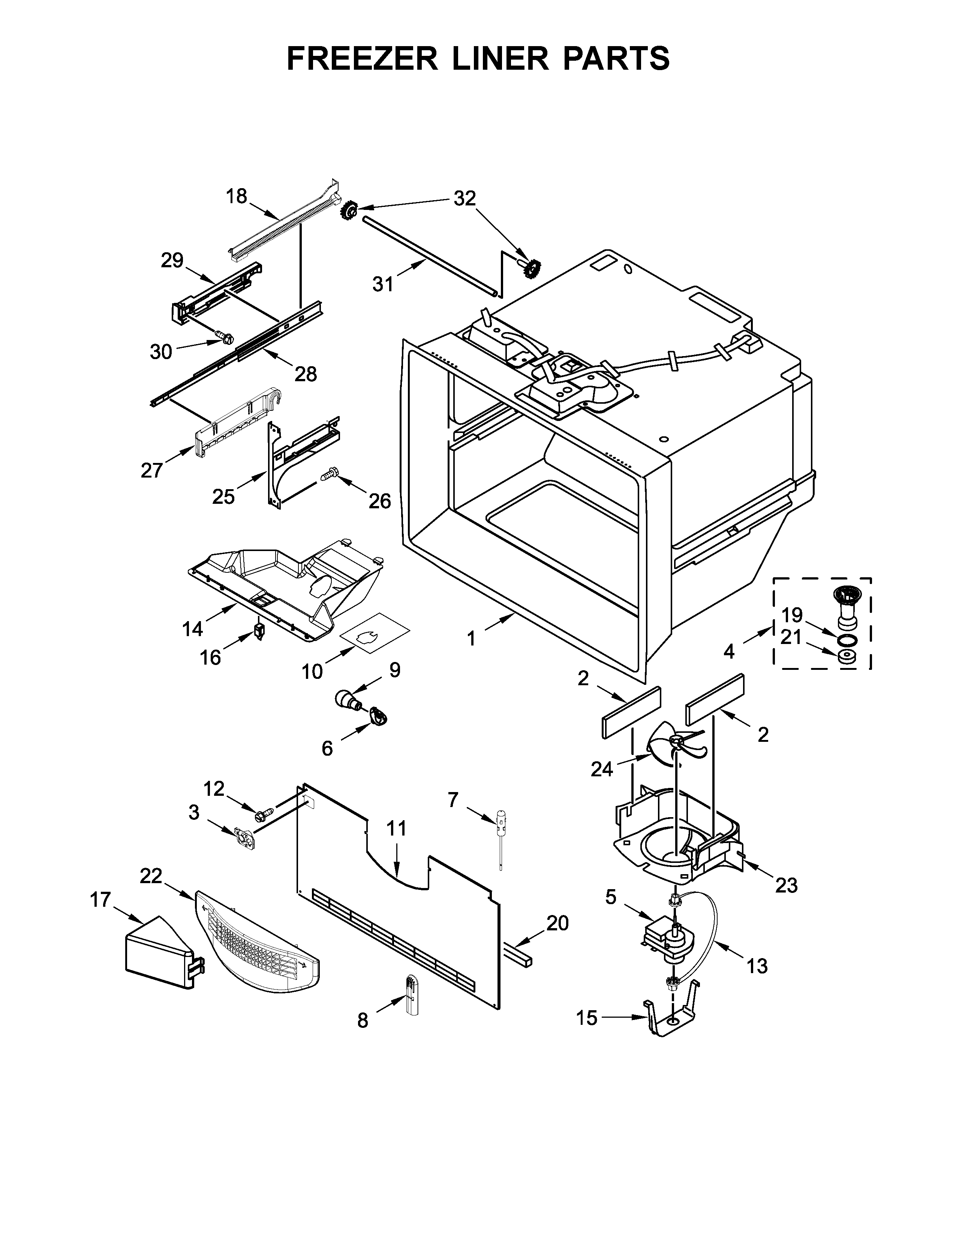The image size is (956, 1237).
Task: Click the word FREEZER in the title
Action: point(363,58)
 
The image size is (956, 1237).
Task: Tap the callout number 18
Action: point(237,196)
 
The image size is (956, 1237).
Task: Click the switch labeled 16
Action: point(260,632)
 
